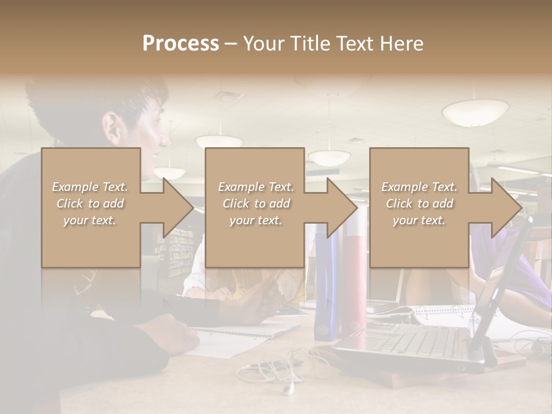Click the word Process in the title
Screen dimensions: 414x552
point(181,44)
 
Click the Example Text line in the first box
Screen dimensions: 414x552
point(90,187)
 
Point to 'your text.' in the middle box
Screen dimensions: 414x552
point(256,220)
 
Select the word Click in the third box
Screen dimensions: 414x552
point(399,204)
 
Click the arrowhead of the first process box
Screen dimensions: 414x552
point(175,208)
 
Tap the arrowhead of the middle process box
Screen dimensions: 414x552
point(339,208)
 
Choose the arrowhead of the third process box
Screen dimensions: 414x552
point(503,208)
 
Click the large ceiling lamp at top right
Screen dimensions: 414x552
point(475,112)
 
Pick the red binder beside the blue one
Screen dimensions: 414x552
point(351,287)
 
